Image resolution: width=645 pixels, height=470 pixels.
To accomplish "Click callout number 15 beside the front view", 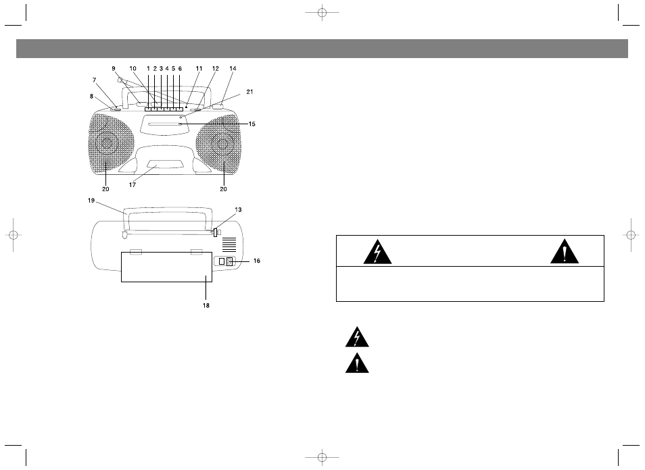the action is (x=252, y=124).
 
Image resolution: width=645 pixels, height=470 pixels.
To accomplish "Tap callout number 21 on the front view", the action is (x=249, y=92).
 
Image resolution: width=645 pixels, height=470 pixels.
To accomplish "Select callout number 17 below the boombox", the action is (x=132, y=185).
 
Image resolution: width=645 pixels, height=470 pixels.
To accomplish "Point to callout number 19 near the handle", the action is (x=91, y=201).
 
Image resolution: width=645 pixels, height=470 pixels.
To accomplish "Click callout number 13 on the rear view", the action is (x=238, y=209).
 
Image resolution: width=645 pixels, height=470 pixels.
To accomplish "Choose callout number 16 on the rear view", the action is (x=256, y=261).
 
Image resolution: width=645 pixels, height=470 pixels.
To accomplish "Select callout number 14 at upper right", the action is (x=233, y=69).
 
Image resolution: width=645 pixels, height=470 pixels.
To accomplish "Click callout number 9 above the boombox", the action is (x=114, y=69).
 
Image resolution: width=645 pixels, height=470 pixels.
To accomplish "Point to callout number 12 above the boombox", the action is (x=215, y=69).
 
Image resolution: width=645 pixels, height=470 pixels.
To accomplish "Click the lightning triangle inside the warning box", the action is (x=377, y=253).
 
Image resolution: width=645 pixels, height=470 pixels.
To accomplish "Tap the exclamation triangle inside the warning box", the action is (x=565, y=253).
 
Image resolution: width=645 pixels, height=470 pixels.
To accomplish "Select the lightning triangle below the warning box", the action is (x=357, y=338).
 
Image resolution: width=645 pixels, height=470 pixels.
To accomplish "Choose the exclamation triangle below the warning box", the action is (x=357, y=363).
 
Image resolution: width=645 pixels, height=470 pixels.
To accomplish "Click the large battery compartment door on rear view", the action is (x=166, y=267).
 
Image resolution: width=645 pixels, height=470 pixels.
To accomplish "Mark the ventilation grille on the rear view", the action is (x=229, y=244).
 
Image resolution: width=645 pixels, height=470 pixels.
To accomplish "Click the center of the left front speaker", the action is (x=107, y=142).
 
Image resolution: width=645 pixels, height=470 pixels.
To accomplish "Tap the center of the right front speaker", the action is (x=222, y=144).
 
